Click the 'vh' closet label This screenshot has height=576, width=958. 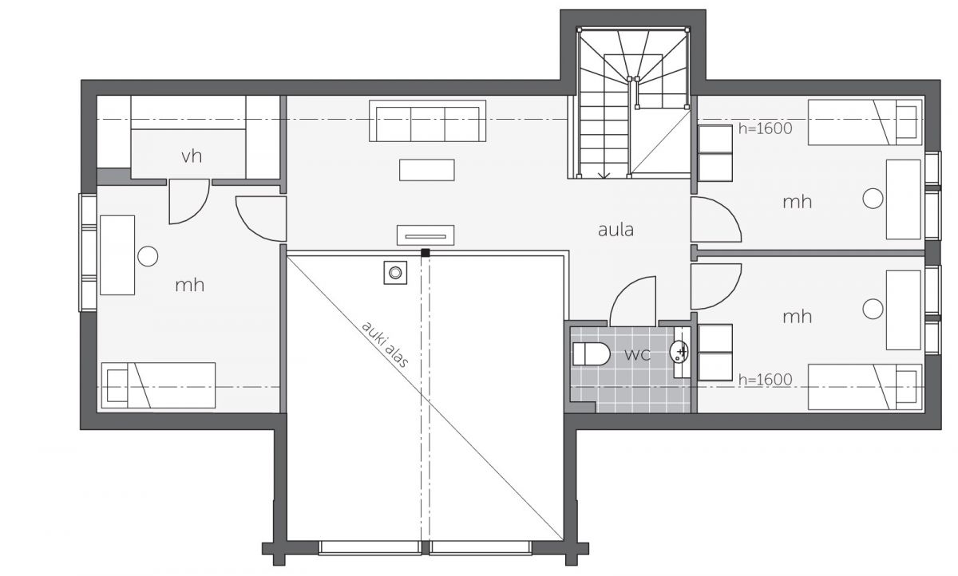point(192,156)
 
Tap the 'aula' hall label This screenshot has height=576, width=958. point(616,230)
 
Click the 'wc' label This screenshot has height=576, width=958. point(637,354)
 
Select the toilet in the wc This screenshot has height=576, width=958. point(591,353)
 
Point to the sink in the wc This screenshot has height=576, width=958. point(679,352)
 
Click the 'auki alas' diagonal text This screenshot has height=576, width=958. point(385,345)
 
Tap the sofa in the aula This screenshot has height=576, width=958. point(427,121)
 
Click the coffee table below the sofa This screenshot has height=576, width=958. point(427,170)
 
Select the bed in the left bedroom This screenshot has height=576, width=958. point(158,385)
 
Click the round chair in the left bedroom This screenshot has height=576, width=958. point(148,256)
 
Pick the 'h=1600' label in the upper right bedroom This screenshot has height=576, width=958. point(765,128)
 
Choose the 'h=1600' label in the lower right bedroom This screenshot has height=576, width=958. point(765,380)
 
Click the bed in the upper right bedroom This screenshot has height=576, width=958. point(865,122)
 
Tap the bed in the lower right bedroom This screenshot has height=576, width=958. point(865,387)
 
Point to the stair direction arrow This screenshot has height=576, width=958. point(604,176)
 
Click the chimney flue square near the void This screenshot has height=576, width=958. point(395,273)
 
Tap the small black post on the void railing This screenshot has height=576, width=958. point(425,253)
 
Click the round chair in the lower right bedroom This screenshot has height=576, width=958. point(873,309)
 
